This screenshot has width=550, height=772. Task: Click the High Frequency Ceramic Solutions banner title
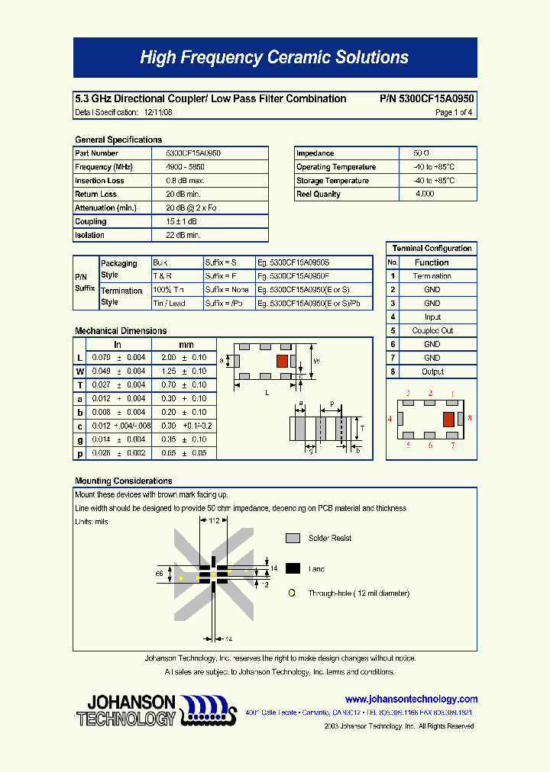click(274, 58)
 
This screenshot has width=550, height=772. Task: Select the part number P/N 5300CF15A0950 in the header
click(426, 98)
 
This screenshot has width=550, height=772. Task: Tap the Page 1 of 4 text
click(454, 112)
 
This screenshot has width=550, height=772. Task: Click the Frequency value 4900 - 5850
click(183, 167)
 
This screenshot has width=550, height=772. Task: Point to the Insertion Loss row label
click(99, 181)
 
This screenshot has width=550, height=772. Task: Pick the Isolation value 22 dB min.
click(183, 236)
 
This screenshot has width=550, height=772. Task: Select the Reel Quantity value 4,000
click(425, 195)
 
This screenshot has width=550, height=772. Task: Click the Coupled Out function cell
click(432, 331)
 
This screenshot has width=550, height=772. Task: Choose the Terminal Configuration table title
click(432, 249)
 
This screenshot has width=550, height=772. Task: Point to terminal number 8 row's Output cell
click(432, 372)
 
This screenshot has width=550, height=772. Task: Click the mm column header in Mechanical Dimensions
click(186, 345)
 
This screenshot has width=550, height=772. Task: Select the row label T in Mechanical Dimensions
click(80, 385)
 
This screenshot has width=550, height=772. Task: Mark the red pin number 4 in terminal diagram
click(390, 419)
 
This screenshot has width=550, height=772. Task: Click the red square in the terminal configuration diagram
click(449, 418)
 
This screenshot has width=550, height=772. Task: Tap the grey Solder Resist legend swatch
click(293, 538)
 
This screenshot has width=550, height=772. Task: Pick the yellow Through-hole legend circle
click(291, 593)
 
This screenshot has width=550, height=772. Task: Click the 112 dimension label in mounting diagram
click(214, 521)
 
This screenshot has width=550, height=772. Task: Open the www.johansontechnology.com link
click(411, 699)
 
